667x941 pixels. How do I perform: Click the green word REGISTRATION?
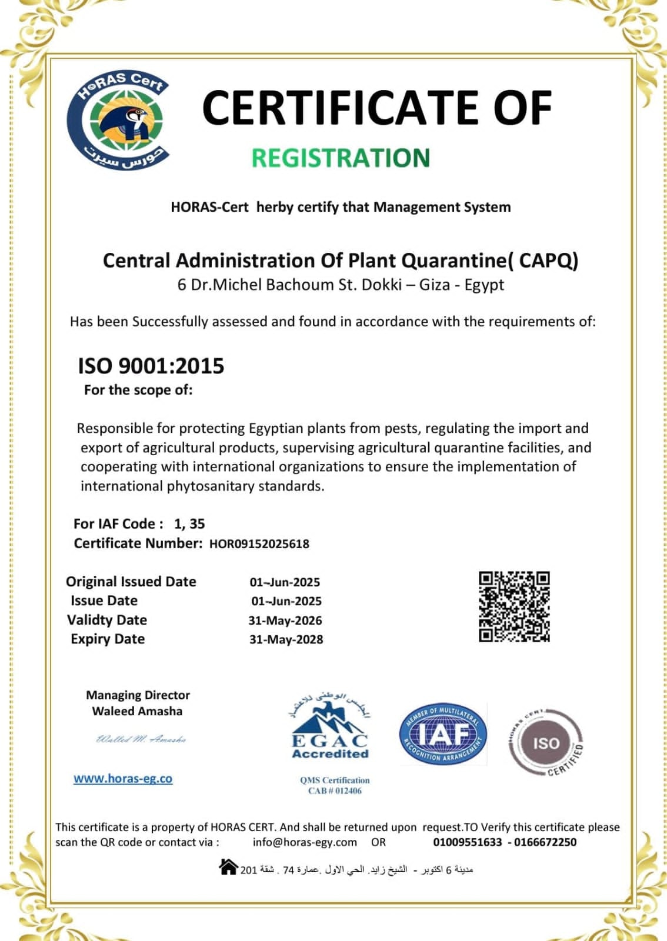click(x=341, y=158)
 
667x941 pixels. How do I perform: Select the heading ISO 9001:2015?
click(x=151, y=366)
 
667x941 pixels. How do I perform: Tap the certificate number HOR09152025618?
click(x=259, y=544)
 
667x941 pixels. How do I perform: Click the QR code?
click(x=513, y=606)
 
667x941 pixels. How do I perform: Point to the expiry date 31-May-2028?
click(x=286, y=640)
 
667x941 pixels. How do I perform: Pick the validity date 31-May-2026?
click(x=285, y=620)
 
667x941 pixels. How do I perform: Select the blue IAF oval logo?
click(x=443, y=735)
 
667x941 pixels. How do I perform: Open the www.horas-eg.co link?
click(x=123, y=779)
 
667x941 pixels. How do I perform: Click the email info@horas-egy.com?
click(x=305, y=842)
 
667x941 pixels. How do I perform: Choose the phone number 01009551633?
click(x=468, y=842)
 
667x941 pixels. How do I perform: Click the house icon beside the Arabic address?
click(x=228, y=867)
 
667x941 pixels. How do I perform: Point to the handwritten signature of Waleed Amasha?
click(x=141, y=739)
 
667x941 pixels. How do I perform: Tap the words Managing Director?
click(x=138, y=695)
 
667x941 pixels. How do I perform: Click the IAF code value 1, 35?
click(x=189, y=524)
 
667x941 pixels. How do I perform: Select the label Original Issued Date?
click(x=131, y=582)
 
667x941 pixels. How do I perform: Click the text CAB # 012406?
click(x=335, y=791)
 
